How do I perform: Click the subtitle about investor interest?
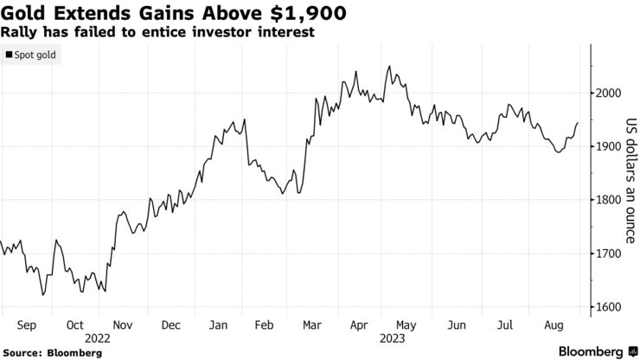157,31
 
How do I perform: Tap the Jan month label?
219,325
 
